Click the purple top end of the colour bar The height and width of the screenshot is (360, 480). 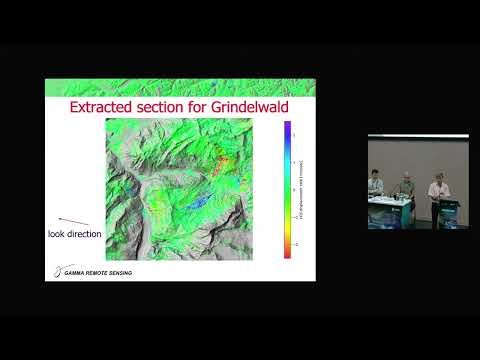tap(287, 127)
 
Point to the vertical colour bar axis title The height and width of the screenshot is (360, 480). tap(301, 190)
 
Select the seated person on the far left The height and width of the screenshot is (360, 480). tap(376, 185)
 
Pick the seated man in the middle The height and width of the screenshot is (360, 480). tap(406, 187)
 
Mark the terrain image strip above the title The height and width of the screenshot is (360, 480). tap(180, 87)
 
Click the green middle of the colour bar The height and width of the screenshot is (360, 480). tap(287, 200)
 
